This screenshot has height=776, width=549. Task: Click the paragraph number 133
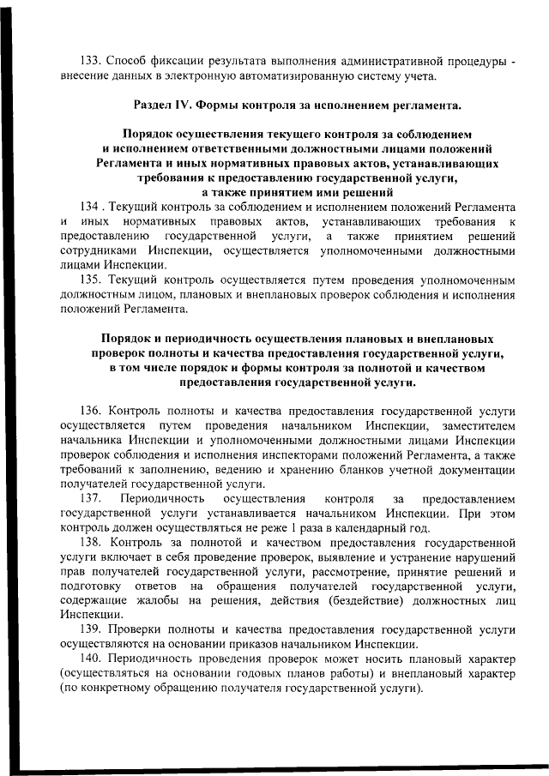(91, 61)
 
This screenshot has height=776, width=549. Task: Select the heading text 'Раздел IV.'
(163, 105)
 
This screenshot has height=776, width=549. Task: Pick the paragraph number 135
(91, 280)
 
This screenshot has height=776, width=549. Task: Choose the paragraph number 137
(91, 499)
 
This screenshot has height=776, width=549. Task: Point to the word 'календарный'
(367, 528)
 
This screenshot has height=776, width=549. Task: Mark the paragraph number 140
(91, 659)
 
